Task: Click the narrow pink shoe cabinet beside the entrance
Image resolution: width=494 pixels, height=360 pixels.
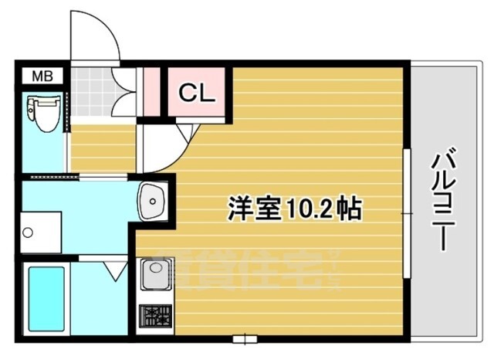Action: (x=151, y=91)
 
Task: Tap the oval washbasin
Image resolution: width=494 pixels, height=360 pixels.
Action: (x=153, y=203)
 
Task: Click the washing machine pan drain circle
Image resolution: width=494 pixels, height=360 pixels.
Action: (x=28, y=233)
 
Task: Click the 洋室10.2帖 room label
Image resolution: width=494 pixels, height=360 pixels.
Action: (x=294, y=208)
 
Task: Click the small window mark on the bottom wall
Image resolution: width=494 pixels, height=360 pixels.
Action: (x=244, y=338)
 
